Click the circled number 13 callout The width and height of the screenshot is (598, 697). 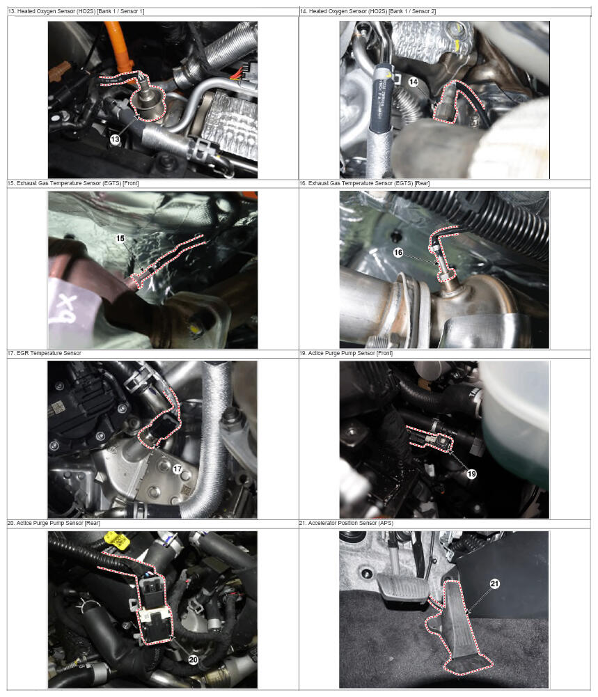tap(115, 139)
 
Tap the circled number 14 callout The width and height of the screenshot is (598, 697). tap(414, 81)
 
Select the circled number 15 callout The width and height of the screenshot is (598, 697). tap(120, 238)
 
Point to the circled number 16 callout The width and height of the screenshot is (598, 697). tap(398, 253)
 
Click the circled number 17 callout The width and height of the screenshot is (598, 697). tap(178, 469)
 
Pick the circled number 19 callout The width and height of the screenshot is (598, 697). tap(472, 474)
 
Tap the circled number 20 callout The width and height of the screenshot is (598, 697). tap(194, 659)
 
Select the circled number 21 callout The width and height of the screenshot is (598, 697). tap(495, 584)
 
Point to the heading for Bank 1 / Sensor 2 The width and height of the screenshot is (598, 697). tap(368, 11)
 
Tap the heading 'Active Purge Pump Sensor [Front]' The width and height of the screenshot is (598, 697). tap(346, 353)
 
